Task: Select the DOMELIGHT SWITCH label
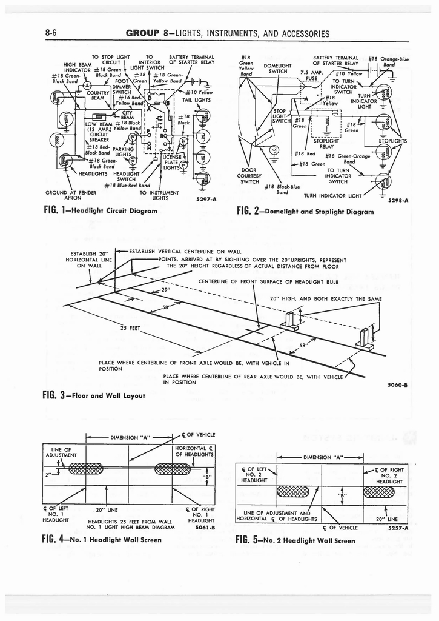(x=278, y=68)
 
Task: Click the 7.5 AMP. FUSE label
(x=312, y=75)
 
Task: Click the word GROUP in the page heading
(x=142, y=33)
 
